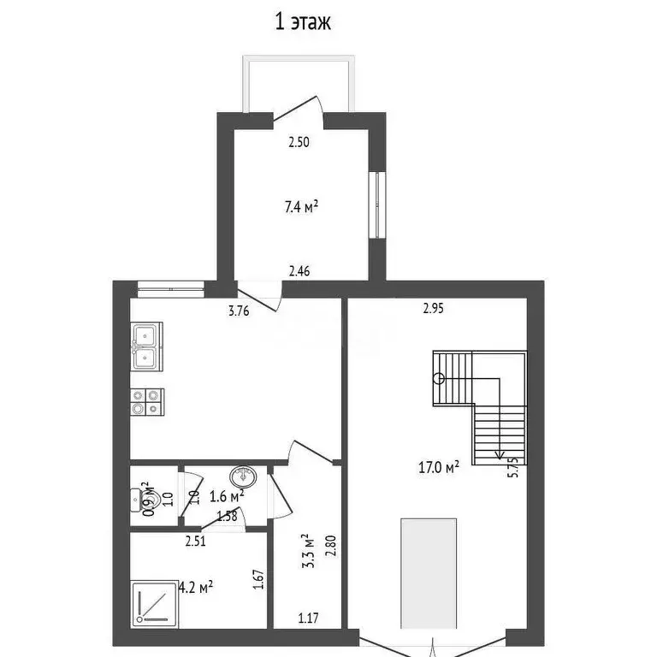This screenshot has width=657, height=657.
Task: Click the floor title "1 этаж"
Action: pyautogui.click(x=303, y=21)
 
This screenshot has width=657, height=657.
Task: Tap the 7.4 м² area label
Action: pyautogui.click(x=301, y=206)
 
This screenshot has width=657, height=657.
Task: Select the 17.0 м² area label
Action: pyautogui.click(x=439, y=467)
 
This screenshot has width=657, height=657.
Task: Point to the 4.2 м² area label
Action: pyautogui.click(x=196, y=587)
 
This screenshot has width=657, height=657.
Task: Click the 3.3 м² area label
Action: pyautogui.click(x=308, y=551)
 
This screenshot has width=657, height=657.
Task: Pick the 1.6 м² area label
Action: pyautogui.click(x=227, y=496)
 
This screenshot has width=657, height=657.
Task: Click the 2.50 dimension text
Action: pyautogui.click(x=299, y=143)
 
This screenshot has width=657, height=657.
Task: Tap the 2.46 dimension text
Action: pyautogui.click(x=299, y=271)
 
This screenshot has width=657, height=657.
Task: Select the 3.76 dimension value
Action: pyautogui.click(x=239, y=311)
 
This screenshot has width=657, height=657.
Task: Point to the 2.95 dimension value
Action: pyautogui.click(x=433, y=308)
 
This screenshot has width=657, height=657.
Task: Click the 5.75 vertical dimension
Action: pyautogui.click(x=513, y=467)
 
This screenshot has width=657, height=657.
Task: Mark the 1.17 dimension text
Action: pyautogui.click(x=308, y=618)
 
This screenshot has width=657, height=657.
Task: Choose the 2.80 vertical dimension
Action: pyautogui.click(x=330, y=546)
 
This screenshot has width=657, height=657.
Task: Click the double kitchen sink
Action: pyautogui.click(x=146, y=346)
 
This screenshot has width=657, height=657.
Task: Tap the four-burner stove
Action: pyautogui.click(x=147, y=402)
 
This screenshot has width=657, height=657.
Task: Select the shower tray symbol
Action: pyautogui.click(x=155, y=604)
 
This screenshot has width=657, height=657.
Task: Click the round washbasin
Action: pyautogui.click(x=244, y=476)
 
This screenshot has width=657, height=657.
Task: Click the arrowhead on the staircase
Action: pyautogui.click(x=499, y=455)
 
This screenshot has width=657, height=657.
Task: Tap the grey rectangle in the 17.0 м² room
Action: pyautogui.click(x=429, y=574)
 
